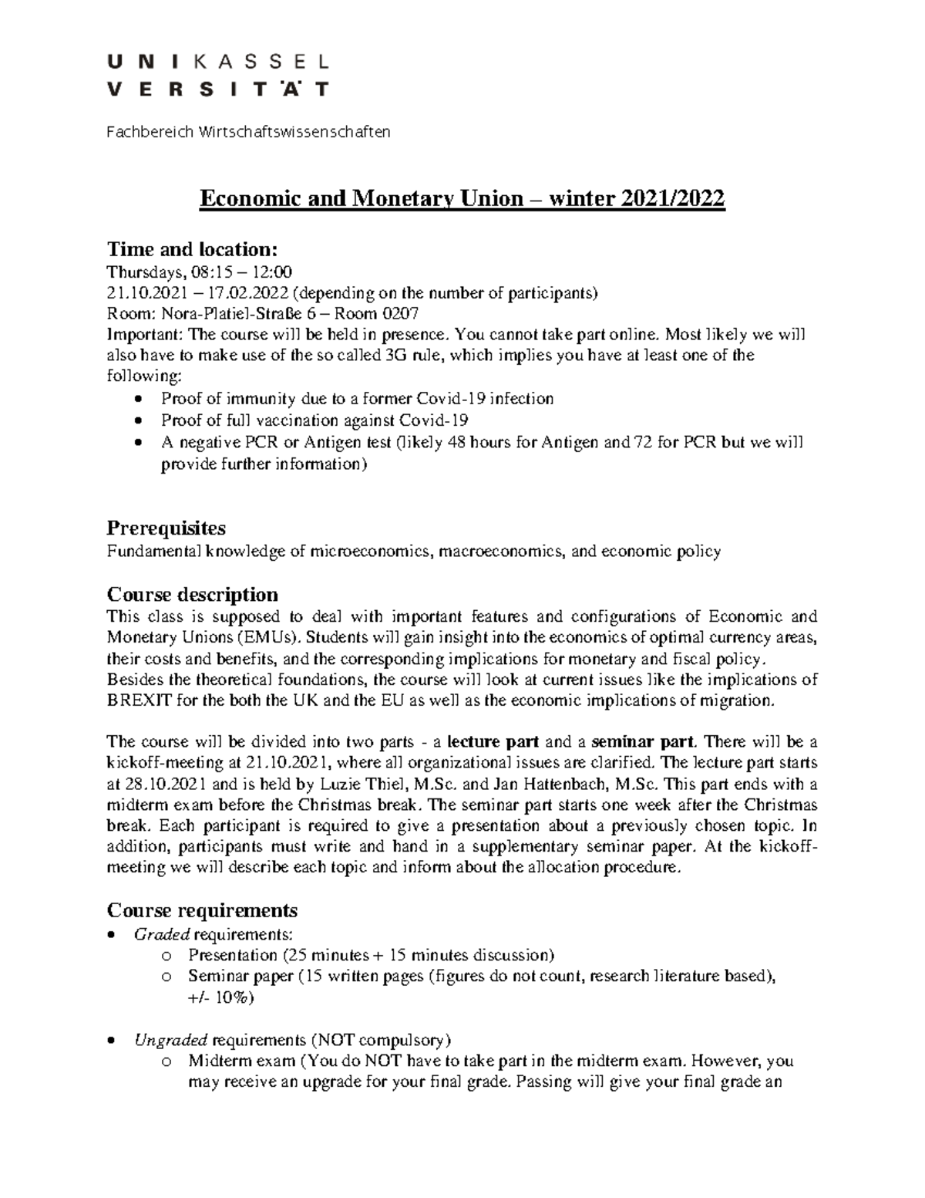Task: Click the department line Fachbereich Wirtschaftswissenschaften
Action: point(248,132)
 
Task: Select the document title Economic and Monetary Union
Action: point(462,199)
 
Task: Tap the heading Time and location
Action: point(191,249)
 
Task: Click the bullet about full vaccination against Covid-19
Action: point(314,420)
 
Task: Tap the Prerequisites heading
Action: point(166,528)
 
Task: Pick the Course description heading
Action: point(192,595)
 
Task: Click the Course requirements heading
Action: point(202,910)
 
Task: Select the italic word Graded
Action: point(162,934)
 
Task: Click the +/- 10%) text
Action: point(220,997)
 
